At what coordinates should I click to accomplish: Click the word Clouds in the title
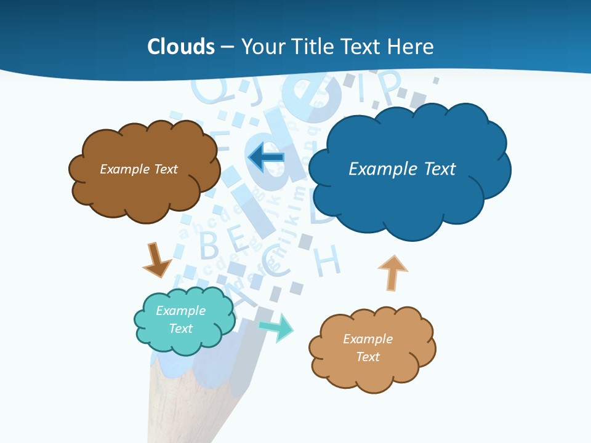[180, 47]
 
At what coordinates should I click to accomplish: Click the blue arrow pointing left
[266, 158]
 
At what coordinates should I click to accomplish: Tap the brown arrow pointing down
[156, 260]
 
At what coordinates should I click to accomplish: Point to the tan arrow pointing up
[392, 273]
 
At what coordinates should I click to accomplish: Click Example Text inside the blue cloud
[402, 169]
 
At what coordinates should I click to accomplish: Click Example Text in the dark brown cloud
[139, 169]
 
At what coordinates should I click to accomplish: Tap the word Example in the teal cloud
[180, 311]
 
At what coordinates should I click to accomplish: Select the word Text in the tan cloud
[368, 357]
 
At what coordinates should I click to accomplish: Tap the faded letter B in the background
[209, 245]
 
